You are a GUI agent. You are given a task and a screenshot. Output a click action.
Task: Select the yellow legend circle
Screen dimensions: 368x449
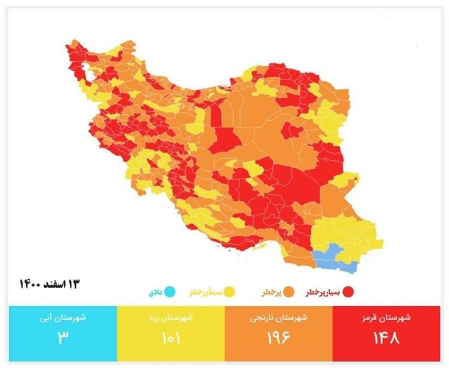(230, 292)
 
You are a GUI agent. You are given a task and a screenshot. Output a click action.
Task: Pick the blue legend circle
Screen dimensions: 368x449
(170, 292)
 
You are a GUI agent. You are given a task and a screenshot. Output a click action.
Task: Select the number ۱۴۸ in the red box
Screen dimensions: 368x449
(386, 338)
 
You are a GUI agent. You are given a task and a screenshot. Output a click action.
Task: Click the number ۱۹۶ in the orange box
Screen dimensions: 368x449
(279, 338)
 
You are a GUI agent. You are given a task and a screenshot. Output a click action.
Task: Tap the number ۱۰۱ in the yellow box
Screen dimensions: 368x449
(170, 338)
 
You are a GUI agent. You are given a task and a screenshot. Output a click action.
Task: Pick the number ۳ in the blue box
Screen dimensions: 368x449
(62, 337)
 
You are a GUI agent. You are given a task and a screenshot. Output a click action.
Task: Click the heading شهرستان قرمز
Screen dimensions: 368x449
(386, 318)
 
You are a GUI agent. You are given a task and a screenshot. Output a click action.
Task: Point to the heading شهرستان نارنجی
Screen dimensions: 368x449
(279, 318)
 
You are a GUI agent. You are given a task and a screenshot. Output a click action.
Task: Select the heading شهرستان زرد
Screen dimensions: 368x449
(170, 318)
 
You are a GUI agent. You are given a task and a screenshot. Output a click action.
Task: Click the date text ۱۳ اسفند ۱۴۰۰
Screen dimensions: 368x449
(49, 285)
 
